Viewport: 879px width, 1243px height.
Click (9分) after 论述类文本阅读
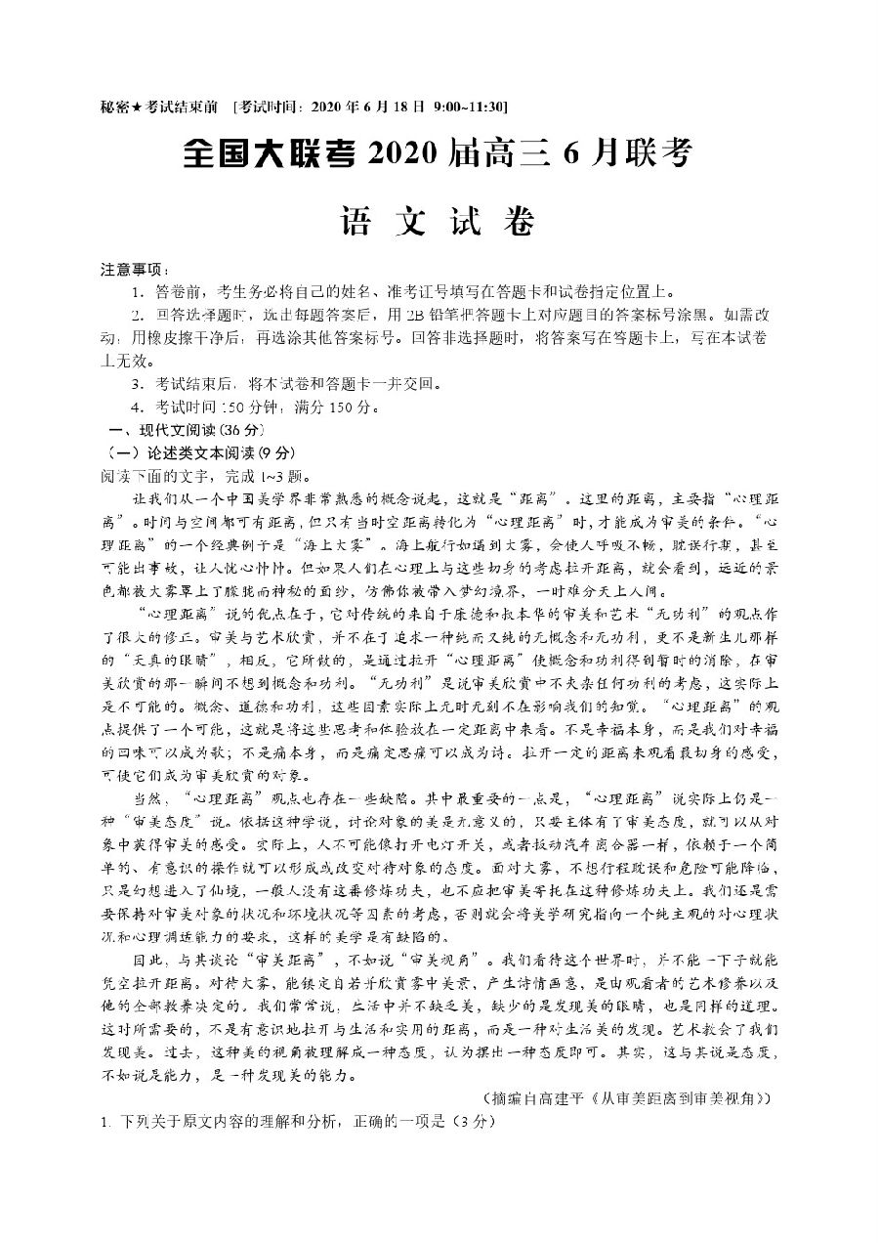(275, 453)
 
